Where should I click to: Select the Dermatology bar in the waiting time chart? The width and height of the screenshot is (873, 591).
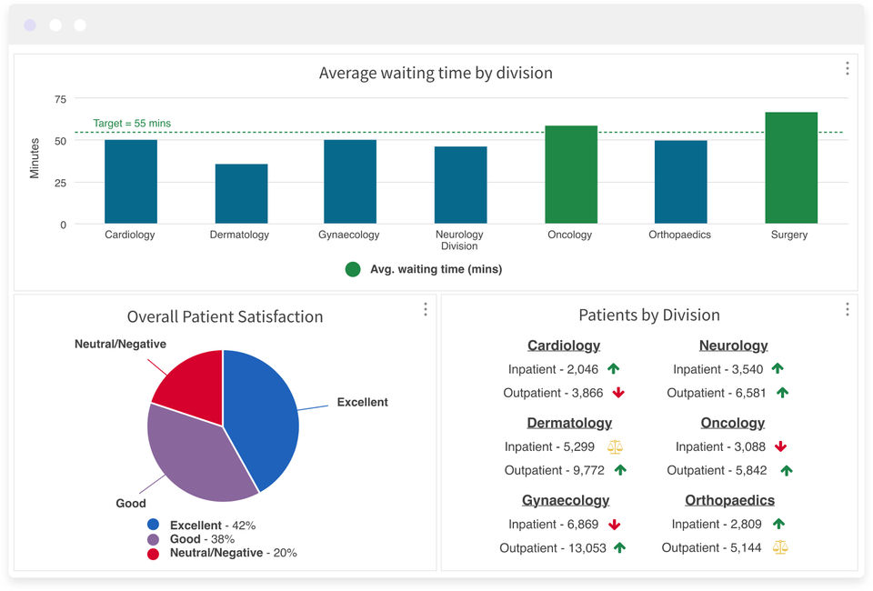coord(242,194)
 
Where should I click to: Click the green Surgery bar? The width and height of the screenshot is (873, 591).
coord(791,167)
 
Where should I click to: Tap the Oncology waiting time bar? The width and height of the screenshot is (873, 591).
coord(571,175)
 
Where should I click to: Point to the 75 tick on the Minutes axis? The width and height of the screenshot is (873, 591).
coord(60,100)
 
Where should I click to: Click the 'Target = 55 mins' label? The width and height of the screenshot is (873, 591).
coord(132,123)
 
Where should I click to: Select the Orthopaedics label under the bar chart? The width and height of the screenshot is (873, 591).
coord(680,235)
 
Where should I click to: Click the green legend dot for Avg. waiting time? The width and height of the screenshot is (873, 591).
coord(353,269)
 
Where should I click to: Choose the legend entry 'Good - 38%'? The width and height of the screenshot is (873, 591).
coord(202,539)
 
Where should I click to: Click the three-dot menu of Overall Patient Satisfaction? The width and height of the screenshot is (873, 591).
coord(426,309)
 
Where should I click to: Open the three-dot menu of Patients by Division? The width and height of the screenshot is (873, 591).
coord(848,309)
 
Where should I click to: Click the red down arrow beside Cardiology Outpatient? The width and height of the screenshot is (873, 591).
coord(618,393)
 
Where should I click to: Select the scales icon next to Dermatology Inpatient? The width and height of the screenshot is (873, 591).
coord(616,446)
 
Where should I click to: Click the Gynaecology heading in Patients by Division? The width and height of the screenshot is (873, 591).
coord(566,500)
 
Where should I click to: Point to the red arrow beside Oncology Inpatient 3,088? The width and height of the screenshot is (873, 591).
coord(780,446)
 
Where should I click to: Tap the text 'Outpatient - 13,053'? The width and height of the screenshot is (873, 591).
coord(553,548)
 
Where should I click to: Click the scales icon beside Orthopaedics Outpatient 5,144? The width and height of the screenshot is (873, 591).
coord(780,547)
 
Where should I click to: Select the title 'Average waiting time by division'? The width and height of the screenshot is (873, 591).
coord(436,73)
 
